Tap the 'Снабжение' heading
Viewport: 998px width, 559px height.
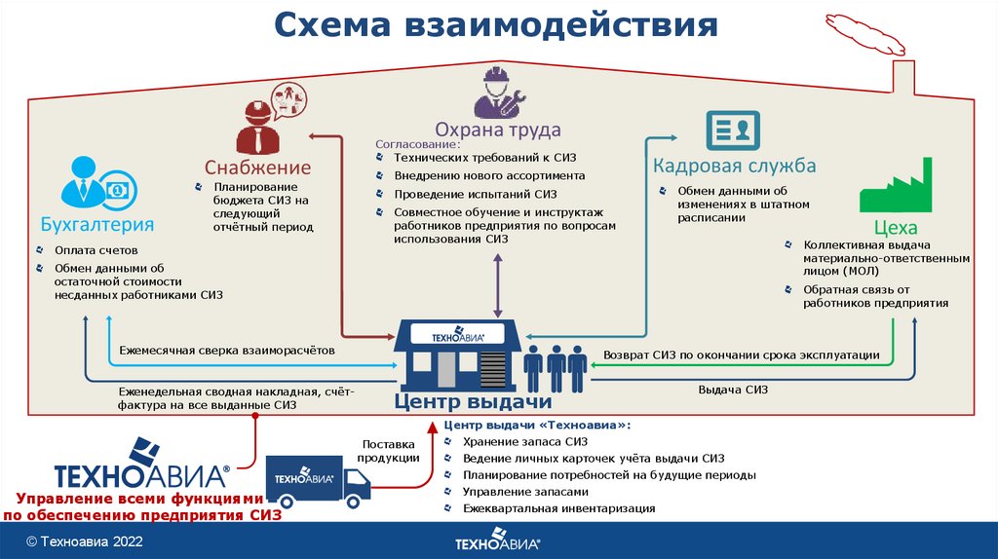click(257, 167)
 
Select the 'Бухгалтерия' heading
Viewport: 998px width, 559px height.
click(97, 225)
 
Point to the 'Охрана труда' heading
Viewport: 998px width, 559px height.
click(497, 130)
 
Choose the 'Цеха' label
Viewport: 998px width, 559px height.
click(896, 228)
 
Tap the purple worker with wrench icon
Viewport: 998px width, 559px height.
click(498, 93)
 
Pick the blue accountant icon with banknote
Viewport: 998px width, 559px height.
click(96, 183)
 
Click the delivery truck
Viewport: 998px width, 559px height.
click(317, 478)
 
